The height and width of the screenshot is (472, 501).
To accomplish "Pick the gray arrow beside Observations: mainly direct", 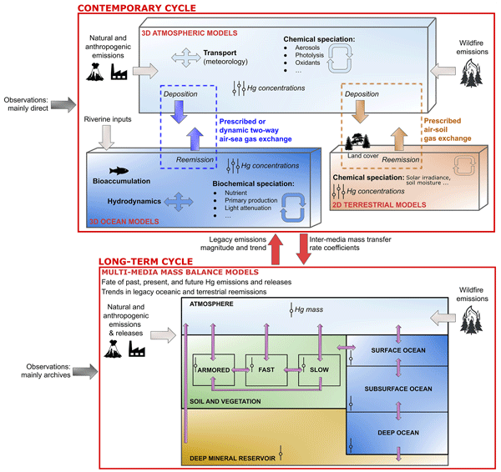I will [62, 104].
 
